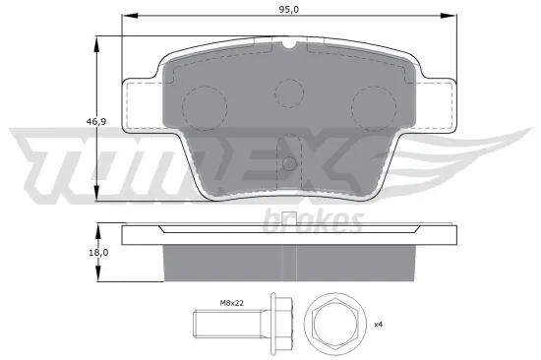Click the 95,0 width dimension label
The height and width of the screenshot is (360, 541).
[x=287, y=8]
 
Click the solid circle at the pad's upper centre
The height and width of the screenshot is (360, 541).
[x=289, y=92]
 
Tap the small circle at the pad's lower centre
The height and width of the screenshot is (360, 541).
[x=288, y=163]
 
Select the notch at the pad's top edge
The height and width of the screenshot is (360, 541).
[x=289, y=44]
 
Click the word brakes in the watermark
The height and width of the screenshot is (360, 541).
[x=313, y=221]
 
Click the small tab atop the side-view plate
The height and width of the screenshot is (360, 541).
[x=288, y=218]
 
